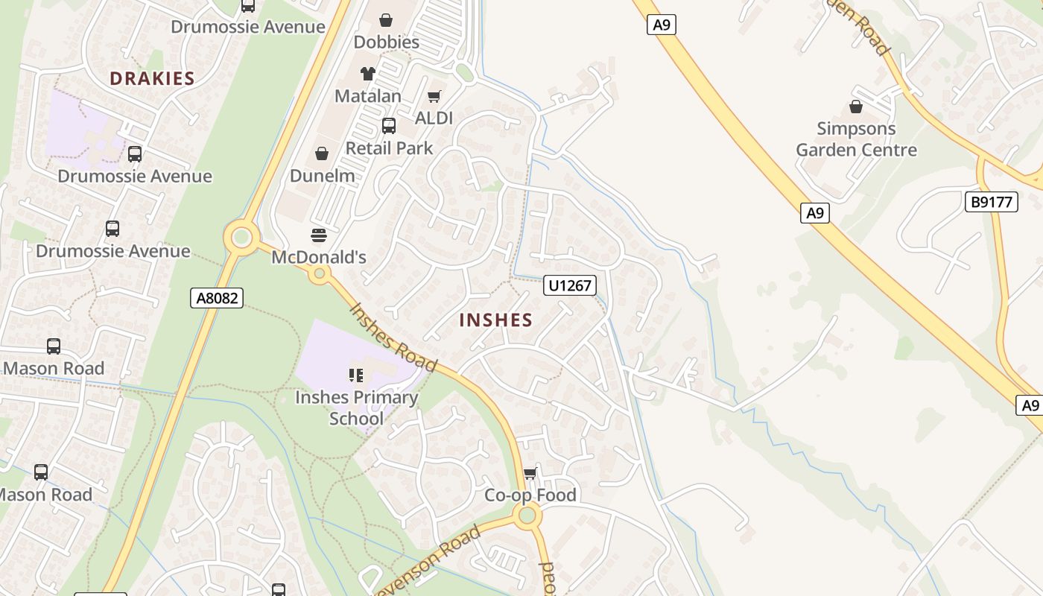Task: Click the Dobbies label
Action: point(387,42)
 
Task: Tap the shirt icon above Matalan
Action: point(368,73)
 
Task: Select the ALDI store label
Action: point(434,118)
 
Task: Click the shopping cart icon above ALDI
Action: point(434,96)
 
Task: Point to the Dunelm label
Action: point(322,176)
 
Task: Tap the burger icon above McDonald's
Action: point(319,236)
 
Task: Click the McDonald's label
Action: point(319,257)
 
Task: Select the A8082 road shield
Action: point(217,298)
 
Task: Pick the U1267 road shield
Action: point(570,285)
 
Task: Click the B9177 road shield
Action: point(992,201)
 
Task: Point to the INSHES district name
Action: point(496,320)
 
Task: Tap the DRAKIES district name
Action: point(152,78)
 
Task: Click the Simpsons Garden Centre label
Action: point(856,139)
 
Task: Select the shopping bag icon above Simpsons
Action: point(856,107)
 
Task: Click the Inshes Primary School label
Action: point(356,408)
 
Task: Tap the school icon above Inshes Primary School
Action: point(356,375)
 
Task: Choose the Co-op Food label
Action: point(530,495)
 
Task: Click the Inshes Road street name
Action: point(393,337)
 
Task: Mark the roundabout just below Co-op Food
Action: point(527,515)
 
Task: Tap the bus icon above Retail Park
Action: point(389,126)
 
